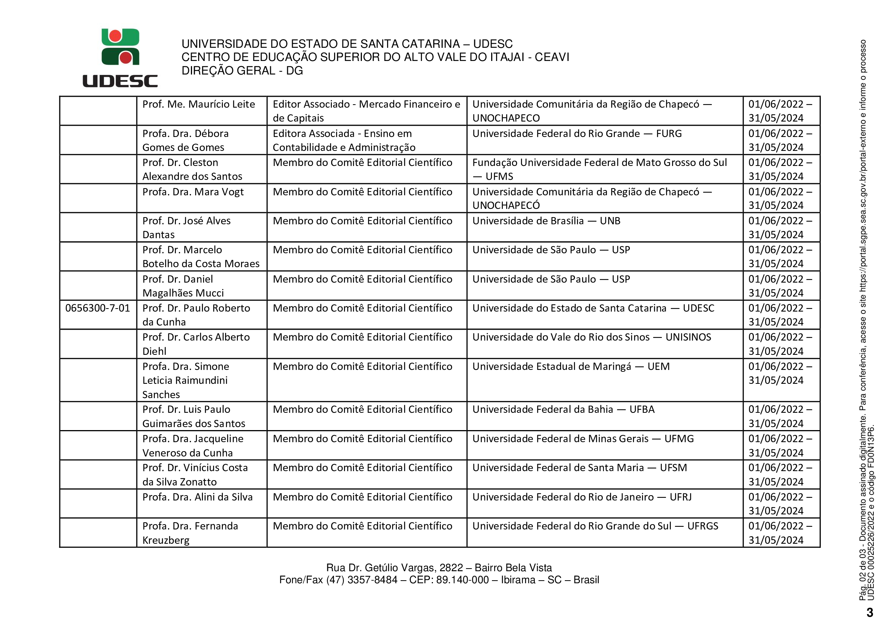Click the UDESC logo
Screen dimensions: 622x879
[120, 58]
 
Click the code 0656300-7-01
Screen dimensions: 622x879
[98, 308]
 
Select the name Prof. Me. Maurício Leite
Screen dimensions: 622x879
[198, 104]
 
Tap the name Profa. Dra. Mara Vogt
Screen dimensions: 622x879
[193, 192]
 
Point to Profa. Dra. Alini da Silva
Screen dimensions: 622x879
[198, 497]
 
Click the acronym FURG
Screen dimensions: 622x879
[669, 133]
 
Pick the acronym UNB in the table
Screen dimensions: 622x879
[610, 221]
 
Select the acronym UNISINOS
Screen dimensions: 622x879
[688, 337]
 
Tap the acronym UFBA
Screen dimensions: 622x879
[641, 409]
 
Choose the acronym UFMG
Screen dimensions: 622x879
[679, 439]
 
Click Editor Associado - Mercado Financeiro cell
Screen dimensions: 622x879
[366, 111]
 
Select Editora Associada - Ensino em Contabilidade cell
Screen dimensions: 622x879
[344, 140]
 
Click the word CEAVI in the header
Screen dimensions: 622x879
[552, 57]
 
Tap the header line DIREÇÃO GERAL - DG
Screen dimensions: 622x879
[242, 70]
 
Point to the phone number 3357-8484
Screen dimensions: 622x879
[372, 580]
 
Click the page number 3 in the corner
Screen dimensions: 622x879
[870, 612]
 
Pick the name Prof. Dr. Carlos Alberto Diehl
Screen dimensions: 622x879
[196, 344]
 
